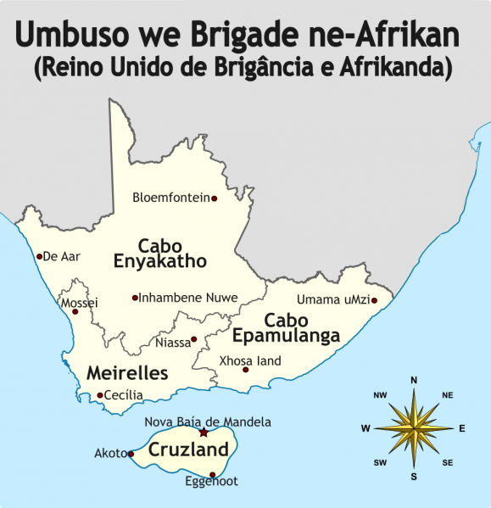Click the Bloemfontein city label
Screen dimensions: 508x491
170,198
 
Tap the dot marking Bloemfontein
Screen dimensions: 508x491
214,198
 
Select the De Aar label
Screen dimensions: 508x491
61,256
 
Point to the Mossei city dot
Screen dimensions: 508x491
75,312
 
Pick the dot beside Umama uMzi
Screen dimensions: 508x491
374,299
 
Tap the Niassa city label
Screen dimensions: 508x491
172,343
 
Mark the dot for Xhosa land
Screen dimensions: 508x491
246,370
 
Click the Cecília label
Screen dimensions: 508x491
124,394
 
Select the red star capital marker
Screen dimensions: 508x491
203,433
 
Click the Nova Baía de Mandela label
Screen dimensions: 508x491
208,421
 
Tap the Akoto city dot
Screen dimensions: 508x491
131,454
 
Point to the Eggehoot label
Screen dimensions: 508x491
211,482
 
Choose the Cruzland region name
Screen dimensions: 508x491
189,449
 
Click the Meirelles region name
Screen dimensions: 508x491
127,373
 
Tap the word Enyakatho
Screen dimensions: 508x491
160,261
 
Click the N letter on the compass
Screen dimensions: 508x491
414,380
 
